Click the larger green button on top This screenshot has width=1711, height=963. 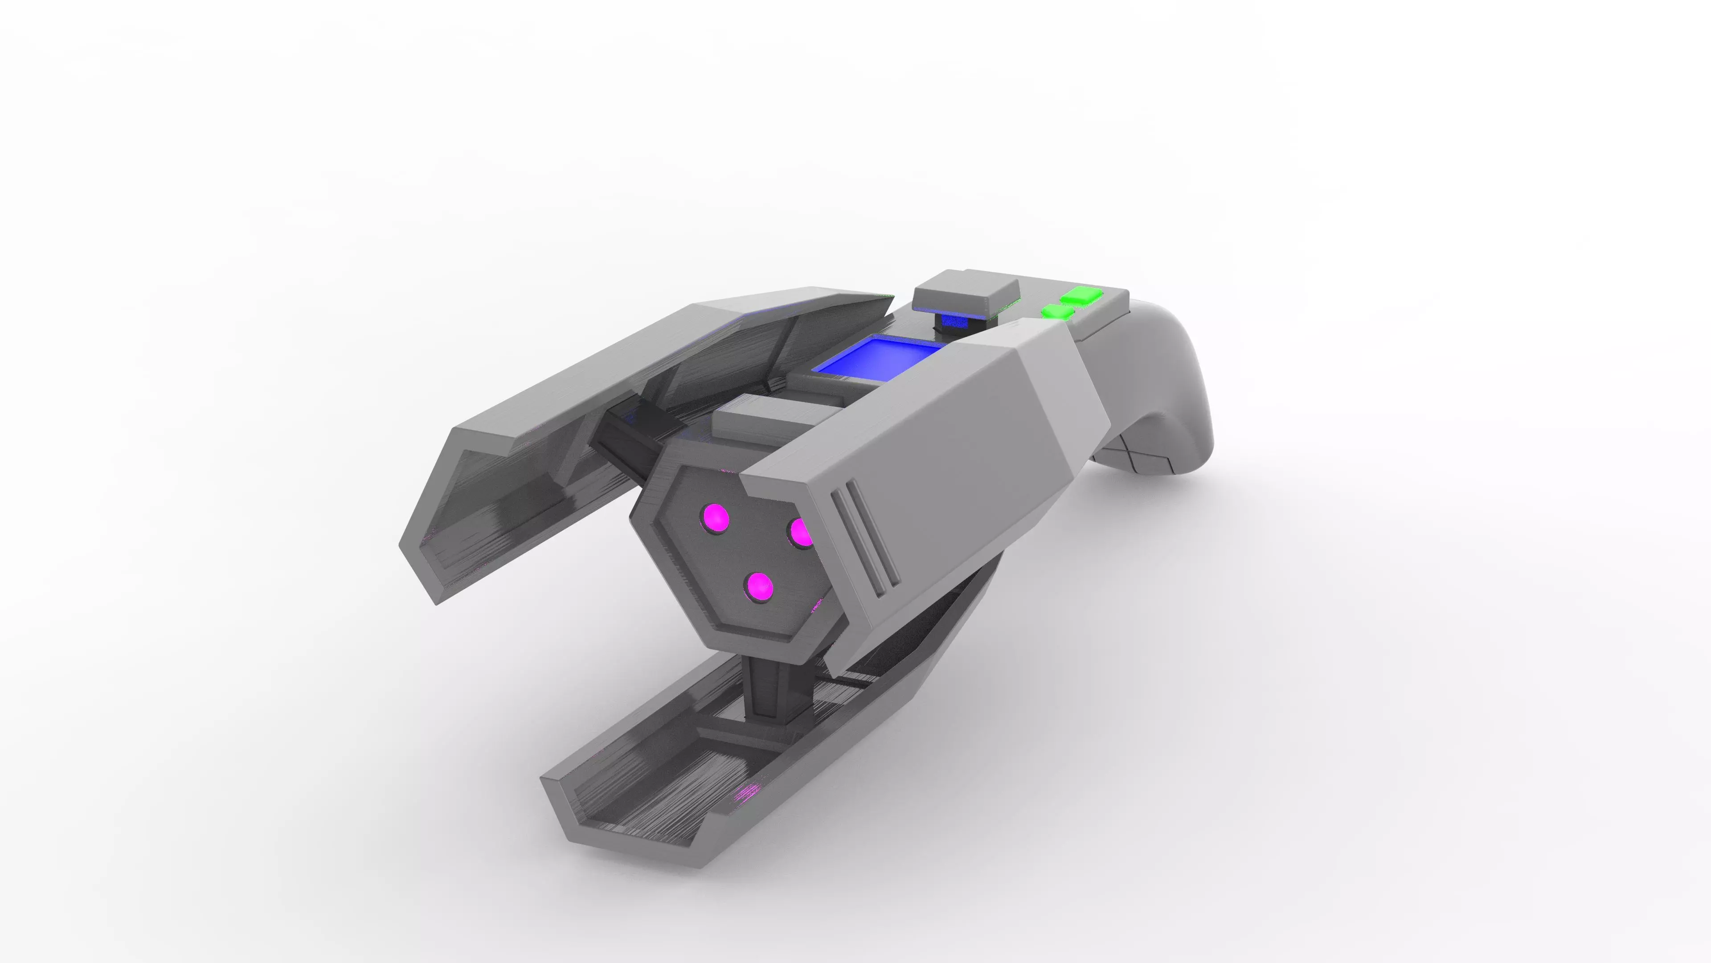pos(1082,295)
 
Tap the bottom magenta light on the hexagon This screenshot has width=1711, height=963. pos(759,586)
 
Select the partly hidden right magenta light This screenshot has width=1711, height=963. pos(802,532)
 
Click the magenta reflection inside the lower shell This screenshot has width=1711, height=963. pos(747,791)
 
